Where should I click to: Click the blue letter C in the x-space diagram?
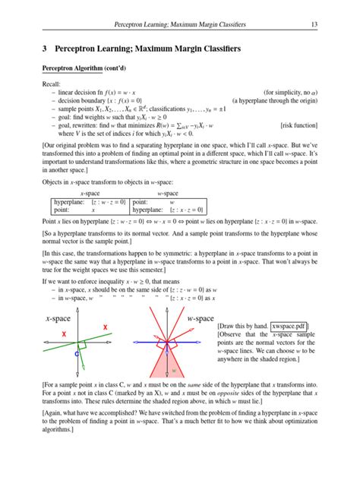[77, 355]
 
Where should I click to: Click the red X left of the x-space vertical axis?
[65, 335]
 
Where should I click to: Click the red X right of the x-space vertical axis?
[106, 326]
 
